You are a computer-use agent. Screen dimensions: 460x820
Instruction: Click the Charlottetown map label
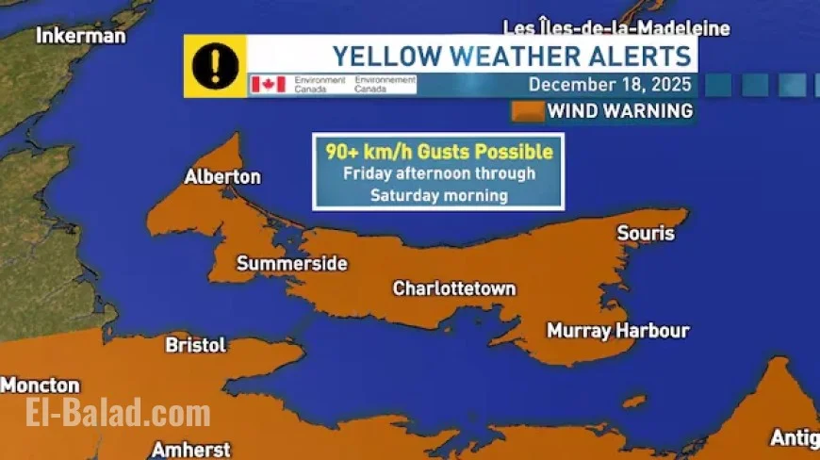[454, 288]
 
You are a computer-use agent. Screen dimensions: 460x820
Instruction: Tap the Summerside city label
[291, 264]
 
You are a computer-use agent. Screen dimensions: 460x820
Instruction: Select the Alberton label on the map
[222, 177]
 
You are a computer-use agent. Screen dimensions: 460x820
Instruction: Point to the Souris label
[646, 233]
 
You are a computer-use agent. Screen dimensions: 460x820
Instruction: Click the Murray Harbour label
[618, 331]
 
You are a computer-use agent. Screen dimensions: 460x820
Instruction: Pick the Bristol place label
[196, 345]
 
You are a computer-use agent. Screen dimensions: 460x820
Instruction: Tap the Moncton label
[41, 386]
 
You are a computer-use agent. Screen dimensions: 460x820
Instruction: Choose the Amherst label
[190, 449]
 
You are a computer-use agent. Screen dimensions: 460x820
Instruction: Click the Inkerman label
[80, 36]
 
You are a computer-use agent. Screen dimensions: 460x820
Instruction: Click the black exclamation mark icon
[215, 66]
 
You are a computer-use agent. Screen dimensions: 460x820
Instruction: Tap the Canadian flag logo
[268, 85]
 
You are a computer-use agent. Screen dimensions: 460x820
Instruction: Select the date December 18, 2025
[610, 84]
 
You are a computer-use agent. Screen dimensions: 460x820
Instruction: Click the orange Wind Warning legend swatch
[528, 111]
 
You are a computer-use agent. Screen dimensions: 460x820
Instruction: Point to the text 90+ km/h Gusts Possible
[438, 152]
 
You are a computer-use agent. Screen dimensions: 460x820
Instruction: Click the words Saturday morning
[438, 196]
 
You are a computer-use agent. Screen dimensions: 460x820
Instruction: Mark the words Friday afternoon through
[438, 173]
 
